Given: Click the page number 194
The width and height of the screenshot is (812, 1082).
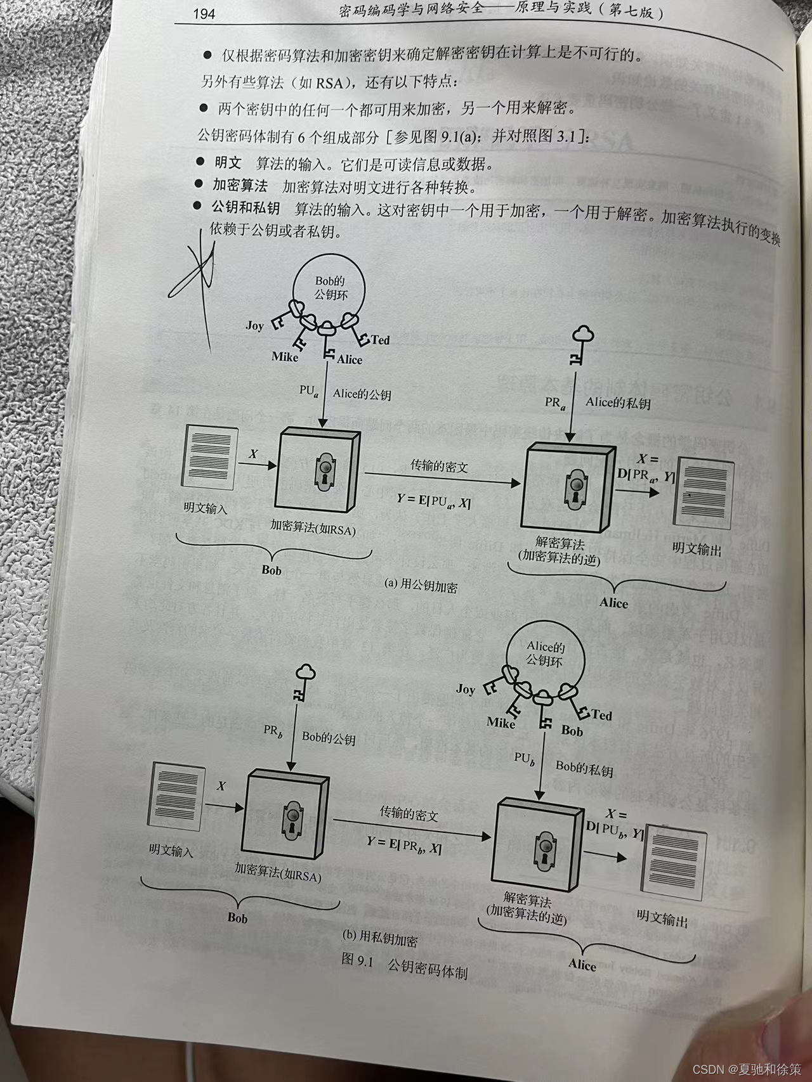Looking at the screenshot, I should click(x=204, y=13).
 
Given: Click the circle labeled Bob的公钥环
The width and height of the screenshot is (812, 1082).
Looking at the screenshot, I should click(x=331, y=288).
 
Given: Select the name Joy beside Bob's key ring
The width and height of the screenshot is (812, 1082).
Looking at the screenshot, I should click(x=254, y=326).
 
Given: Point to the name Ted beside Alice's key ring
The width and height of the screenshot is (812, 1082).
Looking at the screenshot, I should click(x=601, y=715).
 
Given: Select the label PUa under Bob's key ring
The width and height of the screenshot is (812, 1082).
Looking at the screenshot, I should click(x=308, y=390).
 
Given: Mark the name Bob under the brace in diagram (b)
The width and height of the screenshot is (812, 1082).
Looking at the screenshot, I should click(x=237, y=917).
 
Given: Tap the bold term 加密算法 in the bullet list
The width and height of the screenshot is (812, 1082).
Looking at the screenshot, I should click(x=240, y=186).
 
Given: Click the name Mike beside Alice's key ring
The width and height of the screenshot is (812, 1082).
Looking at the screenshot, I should click(x=501, y=722).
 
